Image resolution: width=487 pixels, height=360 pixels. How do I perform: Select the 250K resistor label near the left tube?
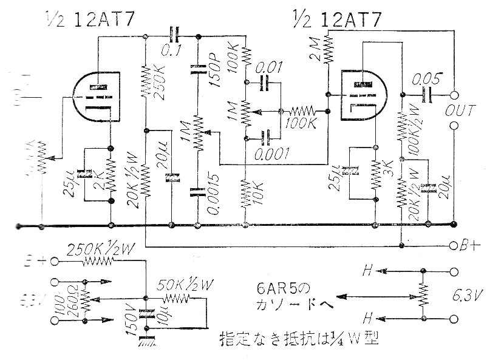[x=160, y=88]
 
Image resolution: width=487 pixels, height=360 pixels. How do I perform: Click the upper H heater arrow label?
[x=367, y=268]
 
